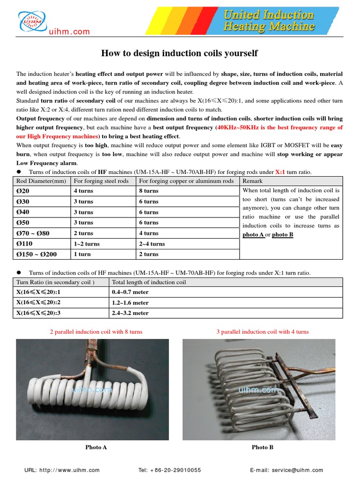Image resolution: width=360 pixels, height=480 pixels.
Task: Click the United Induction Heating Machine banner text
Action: coord(269,21)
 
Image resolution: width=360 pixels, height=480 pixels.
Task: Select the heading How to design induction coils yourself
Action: coord(180,53)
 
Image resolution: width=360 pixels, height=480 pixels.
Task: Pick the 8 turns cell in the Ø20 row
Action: coord(149,191)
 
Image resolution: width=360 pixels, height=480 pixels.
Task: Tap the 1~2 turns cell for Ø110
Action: coord(86,244)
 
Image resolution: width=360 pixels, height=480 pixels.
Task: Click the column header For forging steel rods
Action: coord(101,181)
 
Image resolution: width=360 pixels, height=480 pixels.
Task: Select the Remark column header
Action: coord(253,181)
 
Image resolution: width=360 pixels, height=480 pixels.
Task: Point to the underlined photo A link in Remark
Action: coord(253,234)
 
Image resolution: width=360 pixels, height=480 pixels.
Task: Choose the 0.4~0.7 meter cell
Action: coord(130,292)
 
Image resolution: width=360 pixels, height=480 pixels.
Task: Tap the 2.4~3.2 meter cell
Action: coord(130,313)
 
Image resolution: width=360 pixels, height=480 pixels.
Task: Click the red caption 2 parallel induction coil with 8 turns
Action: coord(96,331)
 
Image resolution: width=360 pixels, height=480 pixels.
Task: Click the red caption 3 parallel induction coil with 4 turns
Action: coord(262,331)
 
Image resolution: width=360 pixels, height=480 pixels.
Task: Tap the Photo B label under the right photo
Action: coord(262,447)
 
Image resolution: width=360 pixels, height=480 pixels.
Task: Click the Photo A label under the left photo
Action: coord(96,447)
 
